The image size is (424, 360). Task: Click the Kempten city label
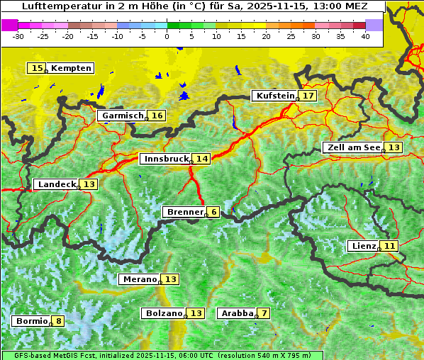[71, 68]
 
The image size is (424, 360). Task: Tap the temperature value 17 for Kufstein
[308, 96]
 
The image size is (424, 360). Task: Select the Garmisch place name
[123, 116]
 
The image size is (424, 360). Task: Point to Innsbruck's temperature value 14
[203, 159]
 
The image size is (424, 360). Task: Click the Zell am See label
[352, 147]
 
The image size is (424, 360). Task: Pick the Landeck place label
[57, 184]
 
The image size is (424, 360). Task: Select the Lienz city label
[364, 246]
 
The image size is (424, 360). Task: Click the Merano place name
[139, 279]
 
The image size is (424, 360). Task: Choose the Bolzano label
[164, 313]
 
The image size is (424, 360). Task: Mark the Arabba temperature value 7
[264, 313]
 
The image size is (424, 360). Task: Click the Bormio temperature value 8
[58, 321]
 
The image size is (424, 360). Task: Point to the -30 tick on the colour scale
[18, 36]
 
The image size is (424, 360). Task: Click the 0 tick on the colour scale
[167, 36]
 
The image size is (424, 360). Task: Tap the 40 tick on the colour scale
[365, 36]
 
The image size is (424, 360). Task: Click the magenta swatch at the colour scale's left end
[10, 25]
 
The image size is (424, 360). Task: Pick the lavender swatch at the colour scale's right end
[374, 25]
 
